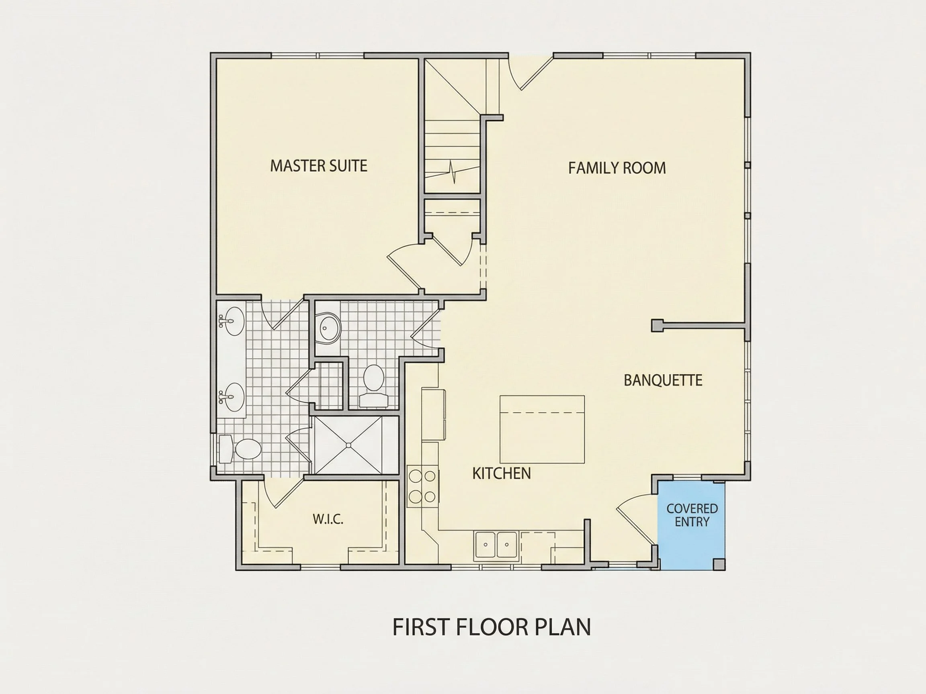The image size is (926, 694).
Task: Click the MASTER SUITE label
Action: pos(319,165)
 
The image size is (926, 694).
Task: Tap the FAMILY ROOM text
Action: pos(617,168)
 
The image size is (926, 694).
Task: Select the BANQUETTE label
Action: pos(663,380)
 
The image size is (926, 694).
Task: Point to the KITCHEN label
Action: pos(502,474)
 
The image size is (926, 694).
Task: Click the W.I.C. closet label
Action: pos(328,520)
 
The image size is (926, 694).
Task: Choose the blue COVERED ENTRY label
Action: pos(692,515)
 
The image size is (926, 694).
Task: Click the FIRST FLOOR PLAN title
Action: pos(492,627)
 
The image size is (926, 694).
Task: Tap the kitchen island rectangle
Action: pos(542,429)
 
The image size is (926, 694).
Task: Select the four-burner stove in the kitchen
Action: pos(423,486)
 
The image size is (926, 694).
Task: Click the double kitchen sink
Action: pos(496,545)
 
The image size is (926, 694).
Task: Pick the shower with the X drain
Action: pos(349,445)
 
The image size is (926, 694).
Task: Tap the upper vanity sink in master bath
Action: pos(231,321)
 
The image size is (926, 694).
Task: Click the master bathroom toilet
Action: pos(240,449)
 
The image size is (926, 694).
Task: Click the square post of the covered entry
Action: pos(719,564)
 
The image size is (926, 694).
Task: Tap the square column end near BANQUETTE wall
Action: pos(657,325)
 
